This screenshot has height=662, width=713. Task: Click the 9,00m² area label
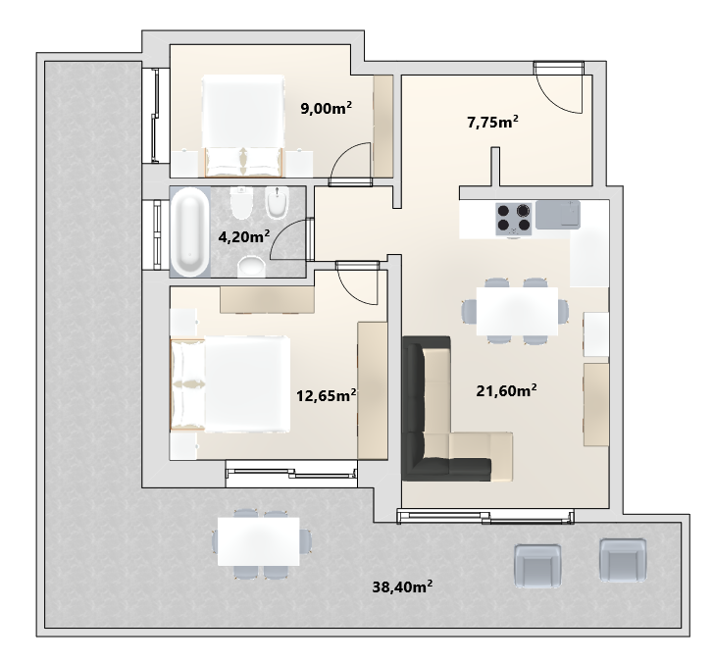point(326,108)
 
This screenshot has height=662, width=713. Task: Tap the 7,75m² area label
point(493,122)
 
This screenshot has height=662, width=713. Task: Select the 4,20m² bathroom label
point(244,236)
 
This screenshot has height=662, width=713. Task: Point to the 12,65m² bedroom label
point(326,395)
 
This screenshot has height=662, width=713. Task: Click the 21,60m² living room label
point(506,390)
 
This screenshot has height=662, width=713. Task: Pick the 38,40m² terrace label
point(402,586)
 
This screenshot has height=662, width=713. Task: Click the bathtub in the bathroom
point(189,232)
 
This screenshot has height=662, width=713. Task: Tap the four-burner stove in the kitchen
point(514,219)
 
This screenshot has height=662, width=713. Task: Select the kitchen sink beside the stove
point(558,215)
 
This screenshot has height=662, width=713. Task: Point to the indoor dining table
point(517,311)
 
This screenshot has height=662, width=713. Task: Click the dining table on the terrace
point(258,541)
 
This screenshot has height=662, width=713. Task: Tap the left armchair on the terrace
point(537,562)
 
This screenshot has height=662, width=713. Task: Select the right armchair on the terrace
point(623,560)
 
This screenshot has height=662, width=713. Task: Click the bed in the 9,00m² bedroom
point(243,126)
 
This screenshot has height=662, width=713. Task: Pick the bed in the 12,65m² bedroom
point(230,384)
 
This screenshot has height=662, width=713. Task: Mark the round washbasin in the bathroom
point(251,267)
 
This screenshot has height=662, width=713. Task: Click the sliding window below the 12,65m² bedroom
point(291,474)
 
